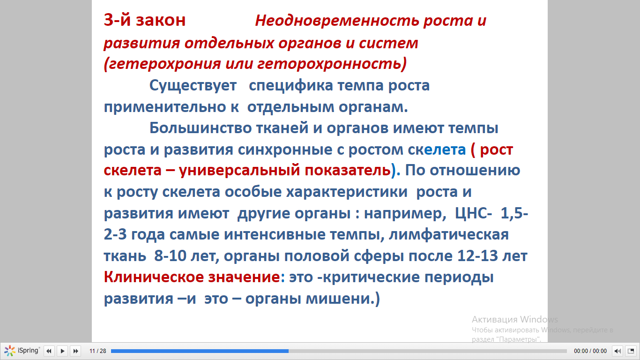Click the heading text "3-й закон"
pos(145,20)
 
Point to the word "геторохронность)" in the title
pos(332,63)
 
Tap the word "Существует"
pos(193,85)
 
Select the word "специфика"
pos(291,85)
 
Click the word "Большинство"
pos(200,128)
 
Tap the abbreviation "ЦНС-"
pos(473,213)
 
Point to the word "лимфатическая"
pos(448,235)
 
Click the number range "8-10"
pos(170,256)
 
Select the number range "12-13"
pos(477,256)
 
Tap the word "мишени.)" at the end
pos(343,299)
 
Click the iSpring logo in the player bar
pos(22,351)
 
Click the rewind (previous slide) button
pos(49,351)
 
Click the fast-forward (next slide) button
pos(75,351)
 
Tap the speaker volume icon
pos(617,351)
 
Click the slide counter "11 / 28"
pos(98,351)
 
